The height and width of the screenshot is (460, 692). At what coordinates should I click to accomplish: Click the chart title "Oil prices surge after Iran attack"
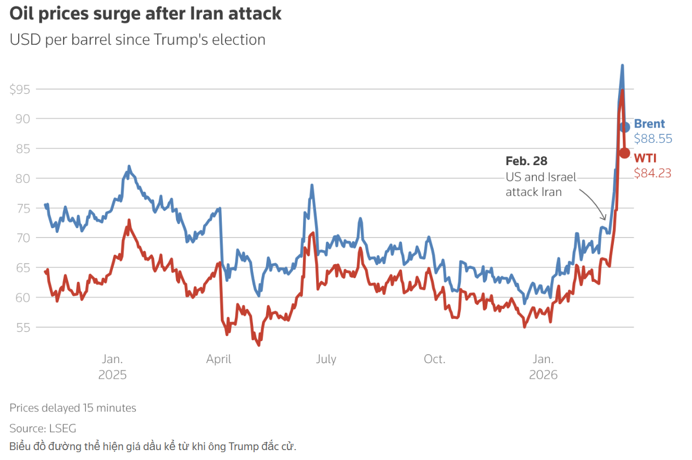[x=146, y=14]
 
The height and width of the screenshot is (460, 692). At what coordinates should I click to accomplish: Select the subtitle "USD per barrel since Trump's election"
[x=137, y=39]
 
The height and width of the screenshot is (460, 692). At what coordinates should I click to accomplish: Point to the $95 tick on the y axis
[x=20, y=89]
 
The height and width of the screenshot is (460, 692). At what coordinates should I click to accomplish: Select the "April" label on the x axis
[x=219, y=359]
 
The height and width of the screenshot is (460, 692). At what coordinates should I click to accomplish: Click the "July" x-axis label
[x=326, y=359]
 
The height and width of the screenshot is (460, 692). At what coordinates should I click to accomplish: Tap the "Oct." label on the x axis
[x=434, y=359]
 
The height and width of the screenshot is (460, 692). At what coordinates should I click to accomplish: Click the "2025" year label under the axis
[x=112, y=375]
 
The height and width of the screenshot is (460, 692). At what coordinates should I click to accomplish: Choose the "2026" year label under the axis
[x=543, y=375]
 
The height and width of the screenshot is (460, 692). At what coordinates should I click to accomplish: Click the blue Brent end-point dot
[x=625, y=127]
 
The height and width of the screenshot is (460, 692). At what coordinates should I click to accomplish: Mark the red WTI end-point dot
[x=624, y=153]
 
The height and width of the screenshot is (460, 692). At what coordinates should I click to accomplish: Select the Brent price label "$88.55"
[x=653, y=139]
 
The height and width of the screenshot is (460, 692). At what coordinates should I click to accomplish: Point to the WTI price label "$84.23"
[x=652, y=173]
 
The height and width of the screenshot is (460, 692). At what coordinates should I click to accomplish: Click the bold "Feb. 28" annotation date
[x=526, y=161]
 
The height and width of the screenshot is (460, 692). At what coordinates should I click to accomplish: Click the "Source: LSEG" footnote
[x=43, y=429]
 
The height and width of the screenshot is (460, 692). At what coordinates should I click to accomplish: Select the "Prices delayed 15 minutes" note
[x=73, y=408]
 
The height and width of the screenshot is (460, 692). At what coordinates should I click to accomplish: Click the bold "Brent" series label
[x=649, y=124]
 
